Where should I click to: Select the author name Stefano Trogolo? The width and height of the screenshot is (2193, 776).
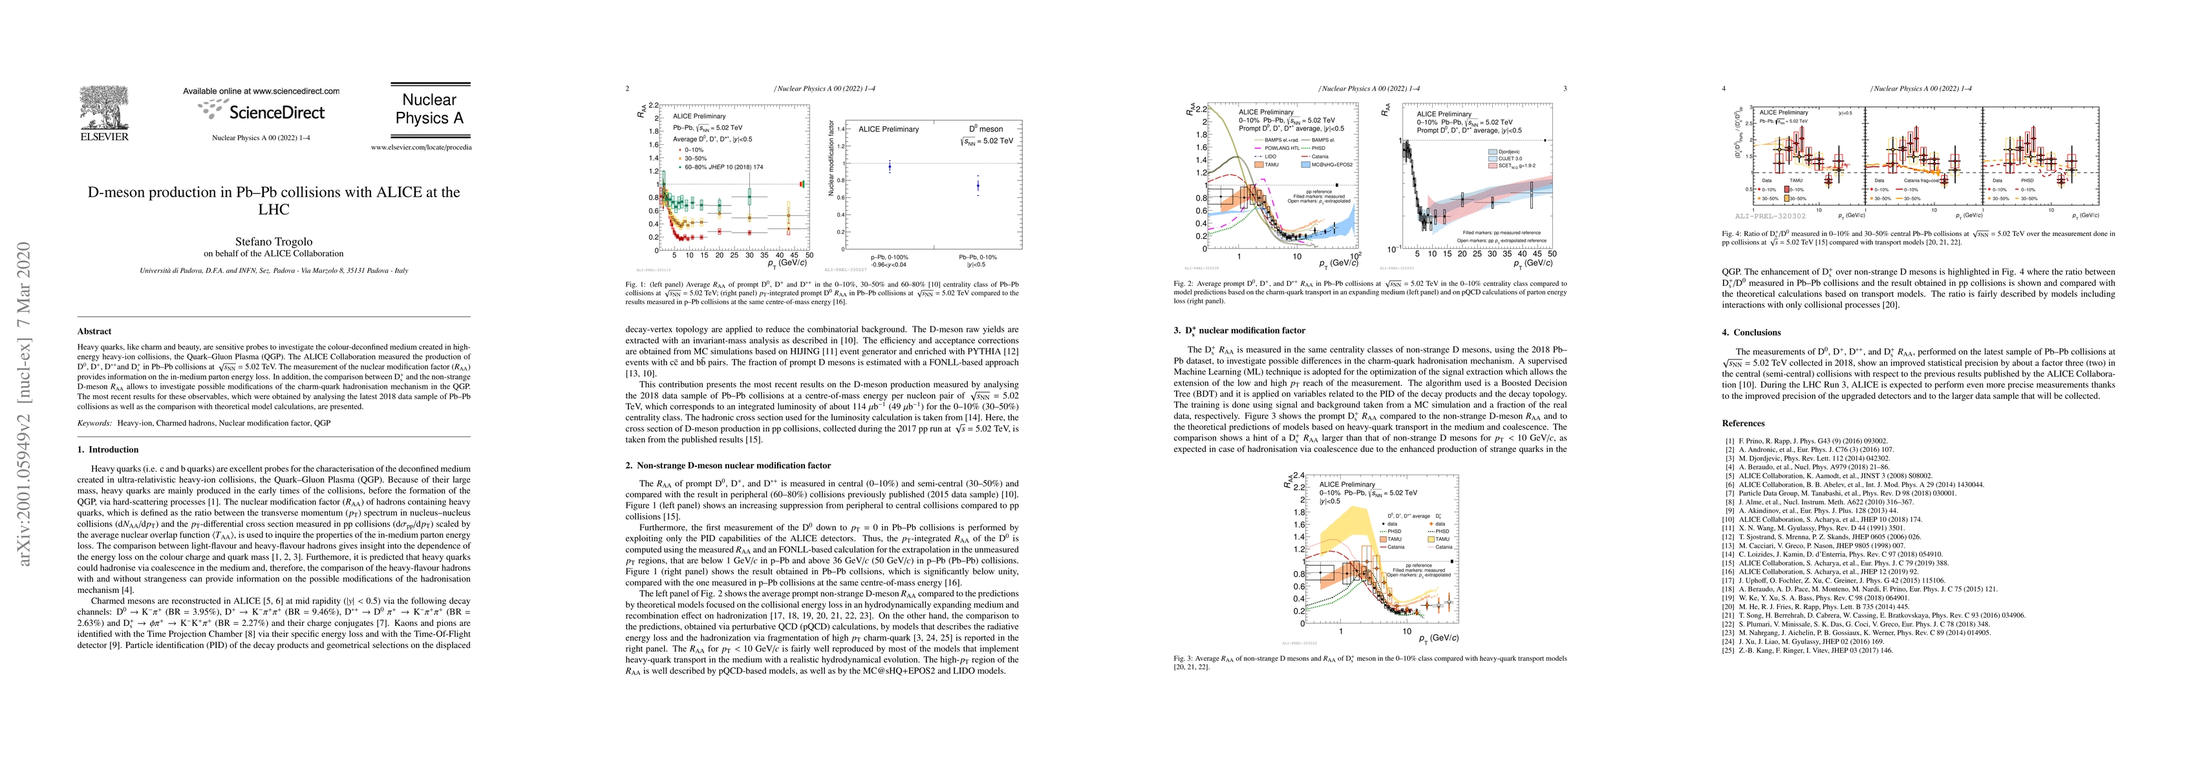[273, 242]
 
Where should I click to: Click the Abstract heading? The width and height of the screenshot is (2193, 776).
[94, 331]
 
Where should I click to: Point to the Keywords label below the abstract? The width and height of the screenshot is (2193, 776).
[95, 422]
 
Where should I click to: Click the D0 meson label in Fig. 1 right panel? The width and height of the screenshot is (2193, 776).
[986, 129]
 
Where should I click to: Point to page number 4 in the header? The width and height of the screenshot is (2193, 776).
[1724, 89]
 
